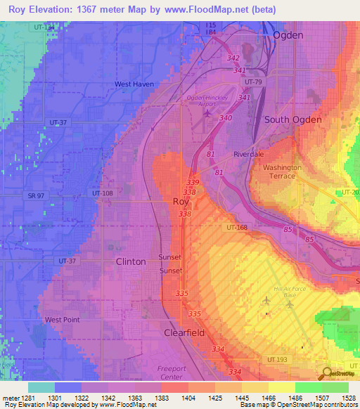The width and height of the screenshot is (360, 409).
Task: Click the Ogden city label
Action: coord(288,34)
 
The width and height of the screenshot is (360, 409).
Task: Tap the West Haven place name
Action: coord(134,84)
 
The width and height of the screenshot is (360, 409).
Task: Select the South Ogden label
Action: coord(292,119)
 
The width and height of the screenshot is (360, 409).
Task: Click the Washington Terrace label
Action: coord(282,172)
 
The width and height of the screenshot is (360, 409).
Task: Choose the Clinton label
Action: coord(131,261)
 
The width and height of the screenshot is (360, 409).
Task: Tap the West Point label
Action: coord(62,320)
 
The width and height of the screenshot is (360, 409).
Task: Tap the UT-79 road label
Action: coord(253,82)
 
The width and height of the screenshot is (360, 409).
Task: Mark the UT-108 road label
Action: coord(102,193)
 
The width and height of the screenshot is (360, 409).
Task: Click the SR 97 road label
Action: coord(37,194)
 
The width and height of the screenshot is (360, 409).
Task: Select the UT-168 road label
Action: coord(236,227)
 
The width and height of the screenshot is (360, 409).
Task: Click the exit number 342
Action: coord(233,58)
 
